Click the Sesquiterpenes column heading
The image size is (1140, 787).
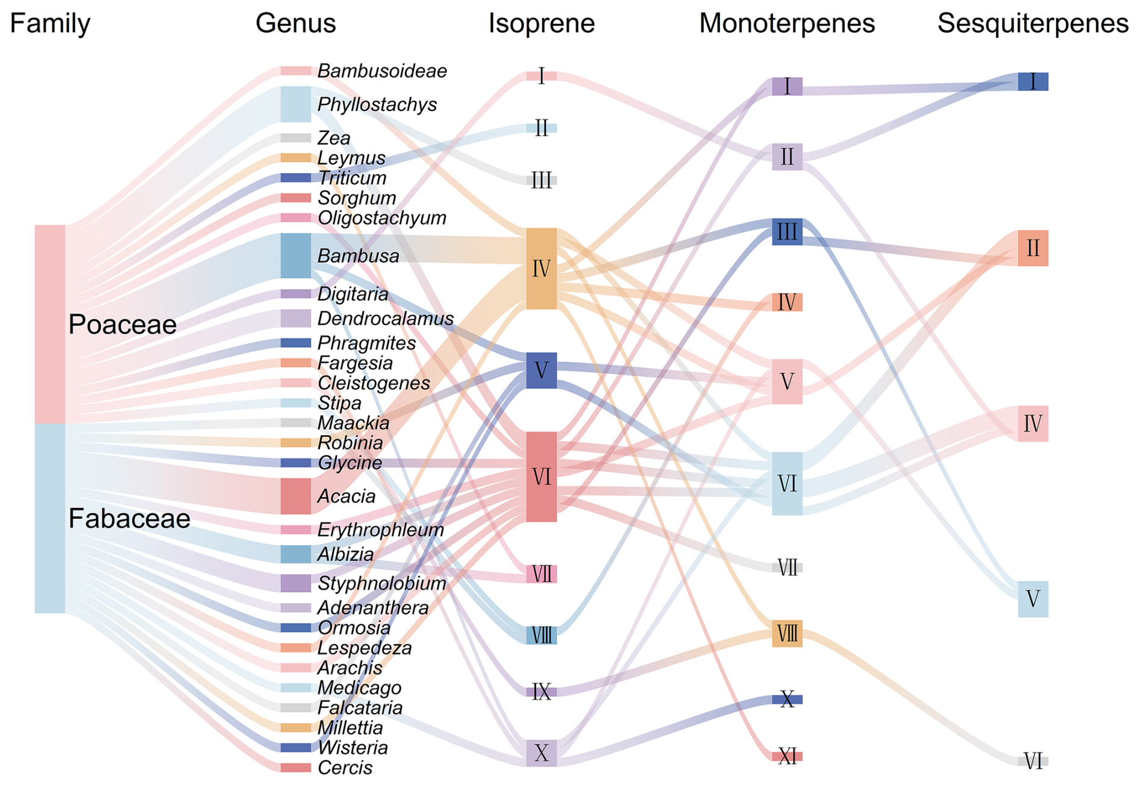pos(1033,24)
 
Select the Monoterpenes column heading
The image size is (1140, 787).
pos(786,24)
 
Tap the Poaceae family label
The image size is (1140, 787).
pos(122,325)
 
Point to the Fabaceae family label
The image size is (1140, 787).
pos(129,519)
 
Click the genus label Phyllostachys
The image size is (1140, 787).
pos(377,105)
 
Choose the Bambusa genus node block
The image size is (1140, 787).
pos(296,256)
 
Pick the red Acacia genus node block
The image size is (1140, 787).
pos(296,496)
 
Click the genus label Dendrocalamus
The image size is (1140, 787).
pos(385,318)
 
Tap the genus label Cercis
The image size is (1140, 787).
pos(345,768)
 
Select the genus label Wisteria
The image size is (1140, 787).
pos(352,748)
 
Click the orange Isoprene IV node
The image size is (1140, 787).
pos(541,269)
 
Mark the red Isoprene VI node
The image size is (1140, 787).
pos(541,477)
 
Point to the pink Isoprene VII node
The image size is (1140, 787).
pos(541,574)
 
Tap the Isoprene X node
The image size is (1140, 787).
pos(541,753)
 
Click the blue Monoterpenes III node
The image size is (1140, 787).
pos(787,232)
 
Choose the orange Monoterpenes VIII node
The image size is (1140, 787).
pos(787,634)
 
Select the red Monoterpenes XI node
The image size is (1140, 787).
pos(787,756)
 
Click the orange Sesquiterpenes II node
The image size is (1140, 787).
pos(1033,248)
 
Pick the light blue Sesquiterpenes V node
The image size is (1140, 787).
pos(1033,599)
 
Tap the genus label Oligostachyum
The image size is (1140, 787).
pos(381,218)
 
